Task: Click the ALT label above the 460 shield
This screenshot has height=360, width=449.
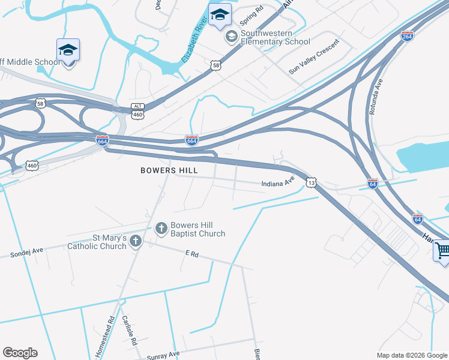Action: click(x=137, y=106)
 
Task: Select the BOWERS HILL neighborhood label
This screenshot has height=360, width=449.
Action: click(x=169, y=170)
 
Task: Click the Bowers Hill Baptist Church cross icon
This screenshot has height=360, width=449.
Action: click(x=161, y=228)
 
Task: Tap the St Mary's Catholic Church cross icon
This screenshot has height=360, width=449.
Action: click(x=136, y=241)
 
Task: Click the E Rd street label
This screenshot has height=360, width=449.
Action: click(x=192, y=254)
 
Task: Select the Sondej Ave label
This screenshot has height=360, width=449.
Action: click(x=27, y=253)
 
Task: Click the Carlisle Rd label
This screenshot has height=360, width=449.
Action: click(x=130, y=329)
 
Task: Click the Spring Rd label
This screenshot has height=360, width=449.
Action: click(x=252, y=16)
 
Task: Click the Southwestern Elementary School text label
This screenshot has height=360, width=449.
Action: click(x=276, y=38)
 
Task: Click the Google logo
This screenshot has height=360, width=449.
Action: click(x=20, y=353)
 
